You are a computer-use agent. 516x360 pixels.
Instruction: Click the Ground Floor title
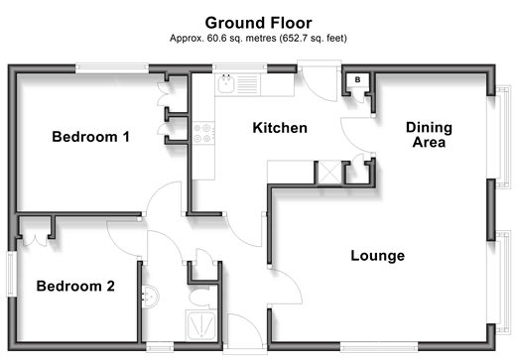(258, 23)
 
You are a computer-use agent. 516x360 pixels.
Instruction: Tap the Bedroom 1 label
(90, 137)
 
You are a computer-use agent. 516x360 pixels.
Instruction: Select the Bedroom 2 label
(75, 286)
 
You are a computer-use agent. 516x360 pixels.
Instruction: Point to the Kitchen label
(280, 128)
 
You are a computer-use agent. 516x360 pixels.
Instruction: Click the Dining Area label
(429, 135)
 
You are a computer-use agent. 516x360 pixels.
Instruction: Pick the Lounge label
(378, 256)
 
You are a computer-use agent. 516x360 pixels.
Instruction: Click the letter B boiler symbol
(357, 79)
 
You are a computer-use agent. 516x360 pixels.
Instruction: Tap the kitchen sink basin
(226, 84)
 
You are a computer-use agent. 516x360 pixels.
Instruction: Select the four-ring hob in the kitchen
(203, 133)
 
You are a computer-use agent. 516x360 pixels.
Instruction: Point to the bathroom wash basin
(151, 297)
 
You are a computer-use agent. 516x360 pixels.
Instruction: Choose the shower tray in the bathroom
(201, 325)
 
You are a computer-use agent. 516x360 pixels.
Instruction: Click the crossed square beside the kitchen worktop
(329, 172)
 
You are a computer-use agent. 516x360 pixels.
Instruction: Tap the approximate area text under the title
(258, 39)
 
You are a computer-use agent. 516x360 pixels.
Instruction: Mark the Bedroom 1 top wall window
(112, 68)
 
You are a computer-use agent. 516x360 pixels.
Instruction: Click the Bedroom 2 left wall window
(12, 274)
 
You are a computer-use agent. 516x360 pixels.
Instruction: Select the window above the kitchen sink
(239, 67)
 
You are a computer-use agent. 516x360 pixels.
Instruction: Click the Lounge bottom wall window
(379, 347)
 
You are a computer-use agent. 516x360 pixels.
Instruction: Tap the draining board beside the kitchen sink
(247, 84)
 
